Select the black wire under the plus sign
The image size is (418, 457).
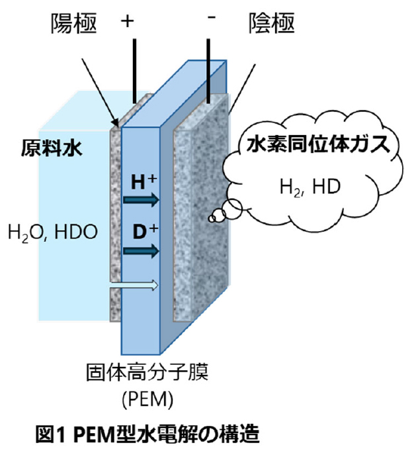(135, 66)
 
